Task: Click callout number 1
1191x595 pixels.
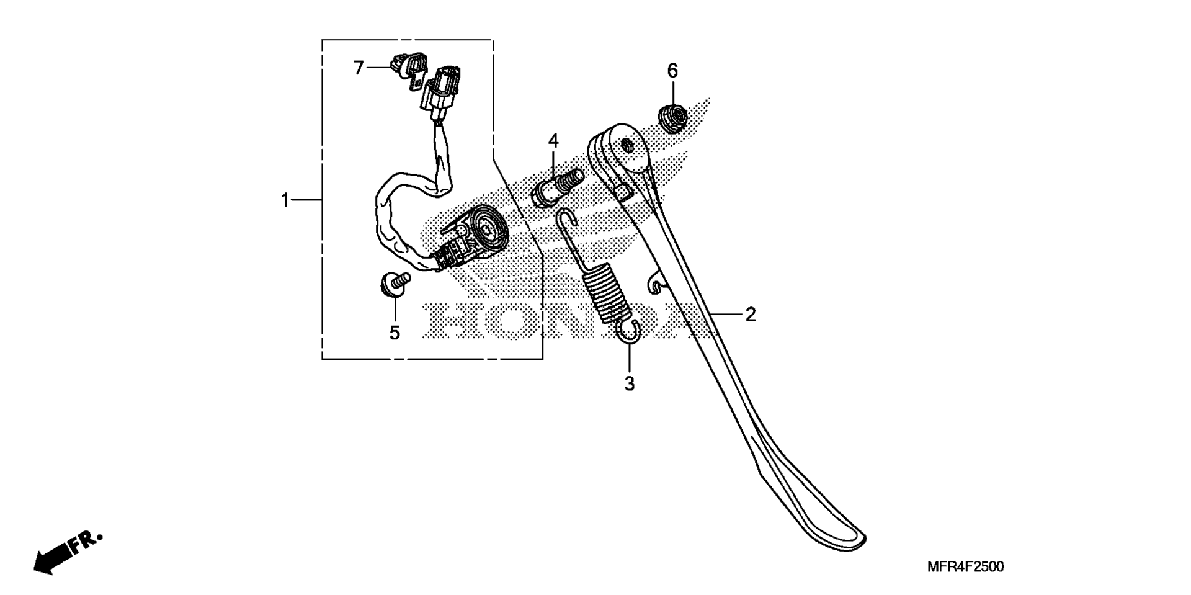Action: click(285, 200)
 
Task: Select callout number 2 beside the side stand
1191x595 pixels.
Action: click(751, 315)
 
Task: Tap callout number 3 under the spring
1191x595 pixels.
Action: click(629, 384)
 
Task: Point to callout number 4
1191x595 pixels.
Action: click(553, 141)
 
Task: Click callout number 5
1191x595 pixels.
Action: click(395, 333)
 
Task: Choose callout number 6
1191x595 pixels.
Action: click(672, 71)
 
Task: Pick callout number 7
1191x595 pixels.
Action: click(359, 68)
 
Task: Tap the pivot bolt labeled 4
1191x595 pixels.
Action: click(556, 187)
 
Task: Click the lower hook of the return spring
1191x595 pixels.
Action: click(630, 331)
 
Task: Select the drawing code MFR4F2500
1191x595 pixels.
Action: click(965, 566)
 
